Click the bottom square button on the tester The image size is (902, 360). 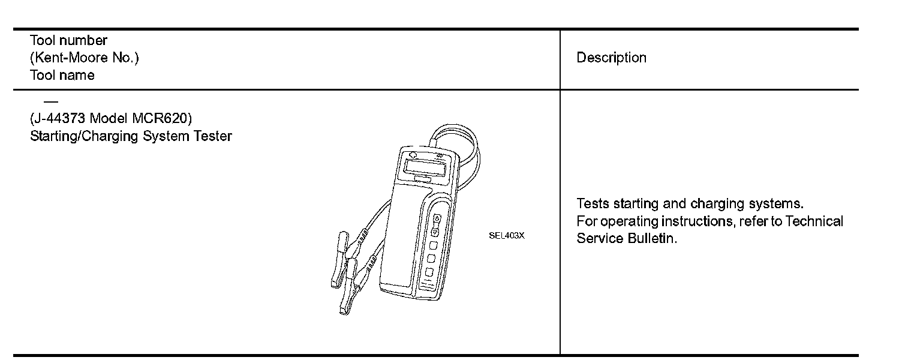click(x=429, y=272)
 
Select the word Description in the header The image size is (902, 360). click(x=611, y=58)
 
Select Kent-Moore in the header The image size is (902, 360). click(x=66, y=58)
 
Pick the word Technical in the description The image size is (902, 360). click(x=814, y=221)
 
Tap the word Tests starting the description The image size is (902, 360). click(x=593, y=203)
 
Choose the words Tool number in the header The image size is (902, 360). click(x=68, y=40)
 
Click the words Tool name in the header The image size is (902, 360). click(x=62, y=75)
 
